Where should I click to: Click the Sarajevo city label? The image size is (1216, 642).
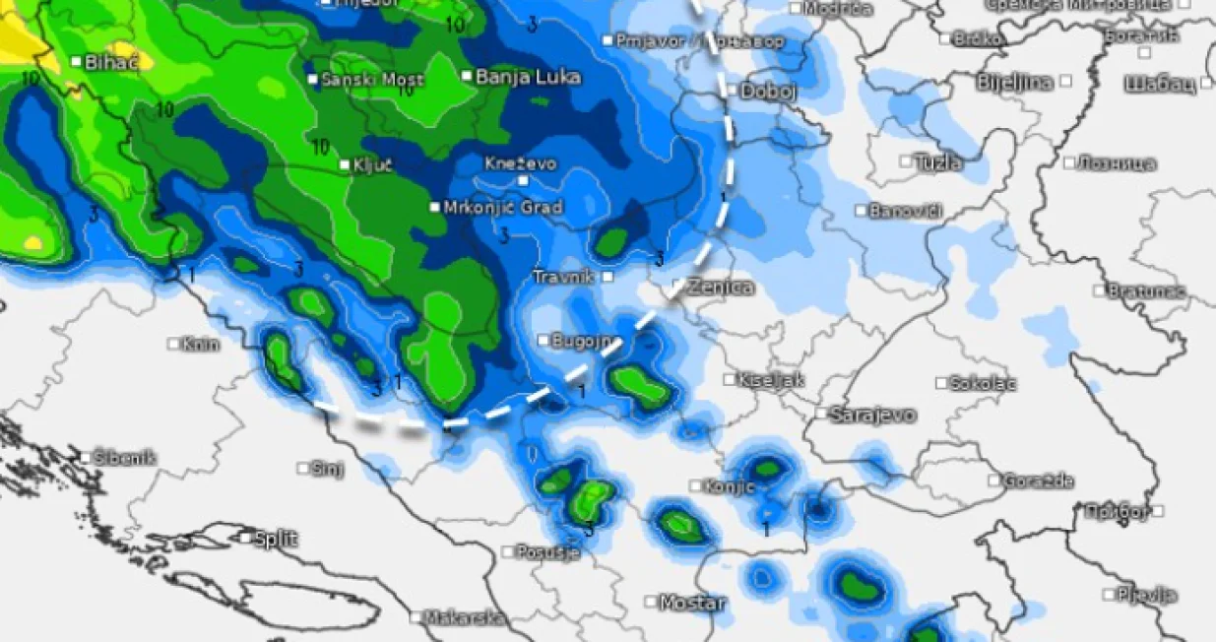[872, 415]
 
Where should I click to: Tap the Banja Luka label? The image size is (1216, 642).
[528, 77]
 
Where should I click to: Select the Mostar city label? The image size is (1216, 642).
[691, 602]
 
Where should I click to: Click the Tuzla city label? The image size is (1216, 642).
[937, 162]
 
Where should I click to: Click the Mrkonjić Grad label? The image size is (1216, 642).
[502, 208]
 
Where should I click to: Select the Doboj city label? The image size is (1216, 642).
[768, 91]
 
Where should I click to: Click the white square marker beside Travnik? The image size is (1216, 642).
[608, 277]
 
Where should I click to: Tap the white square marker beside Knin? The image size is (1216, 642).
[173, 344]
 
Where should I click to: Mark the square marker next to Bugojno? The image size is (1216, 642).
[544, 341]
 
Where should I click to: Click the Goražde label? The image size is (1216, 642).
[1038, 481]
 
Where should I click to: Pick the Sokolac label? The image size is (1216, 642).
[984, 383]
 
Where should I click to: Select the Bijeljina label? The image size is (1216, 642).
[1014, 82]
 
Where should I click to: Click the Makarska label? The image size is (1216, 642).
[463, 618]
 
